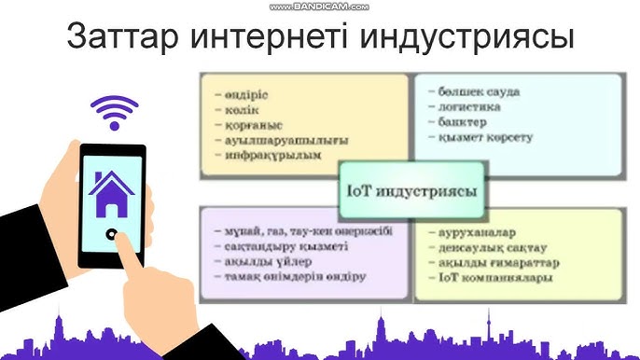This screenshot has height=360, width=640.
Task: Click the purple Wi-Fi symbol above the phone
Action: pyautogui.click(x=114, y=113)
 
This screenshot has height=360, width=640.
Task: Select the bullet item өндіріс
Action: pyautogui.click(x=246, y=95)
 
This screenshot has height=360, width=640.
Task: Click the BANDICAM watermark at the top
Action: pyautogui.click(x=319, y=7)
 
